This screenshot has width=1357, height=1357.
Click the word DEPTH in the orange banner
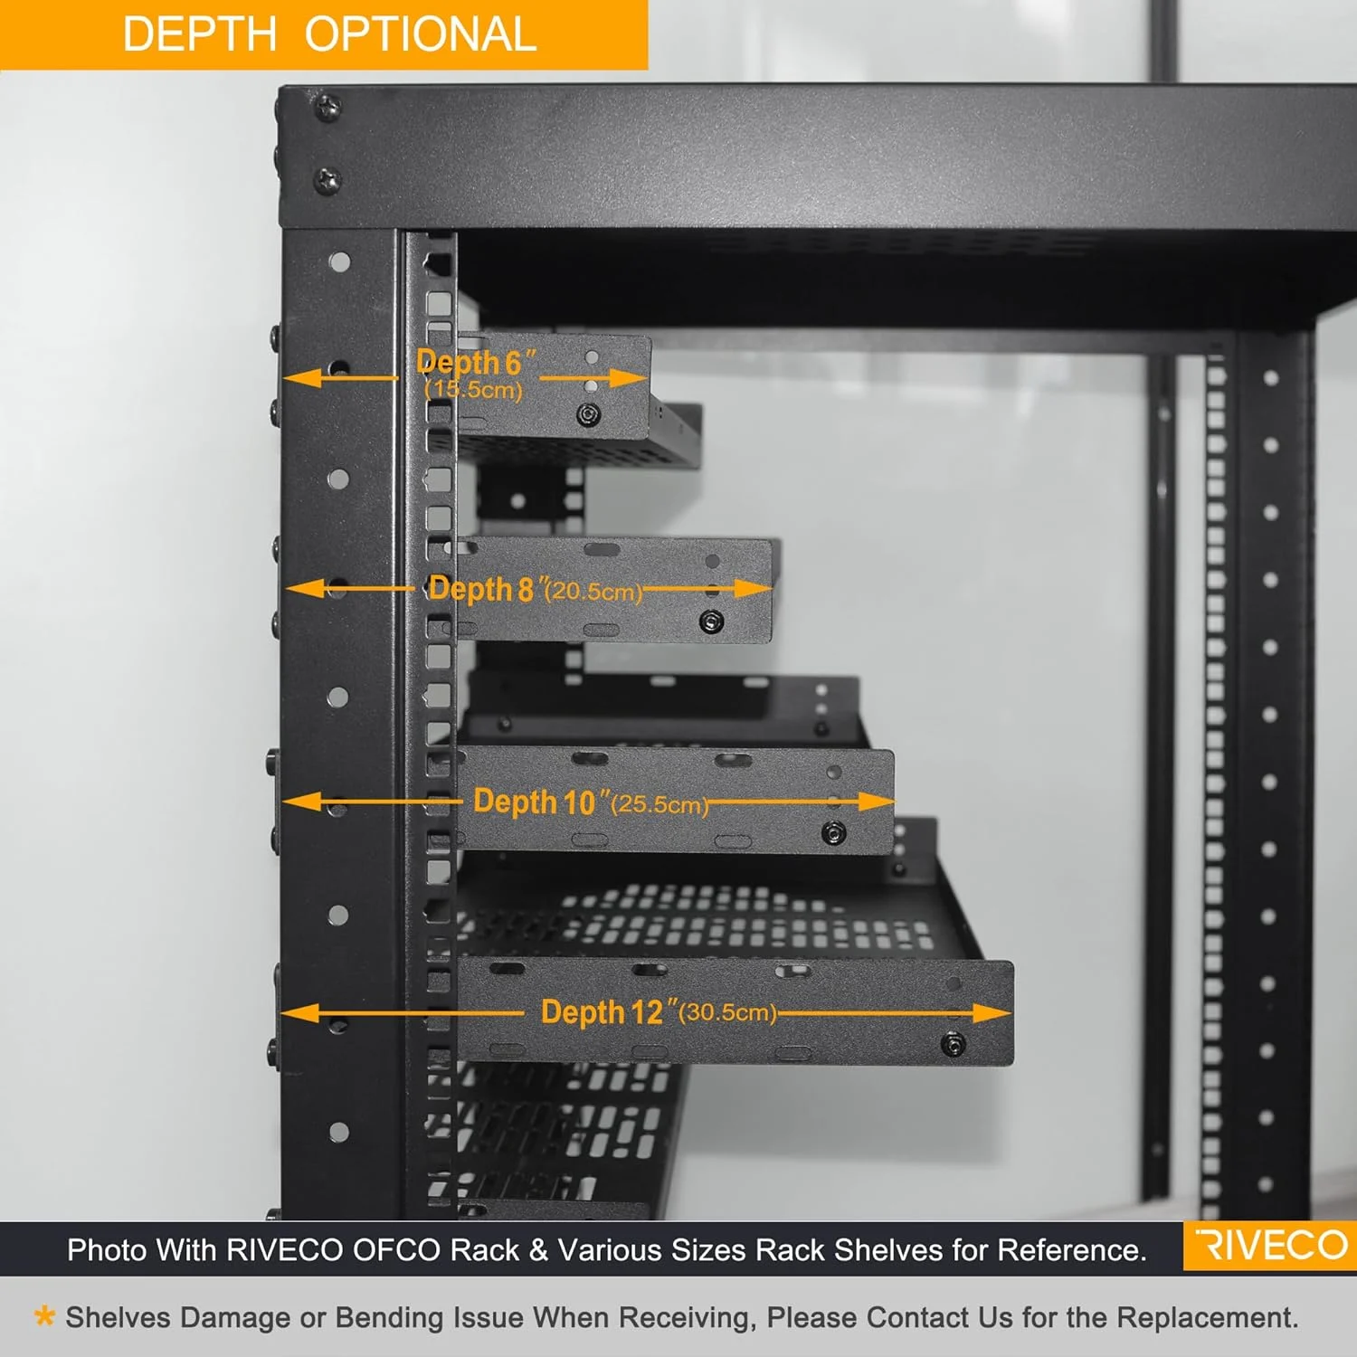(x=199, y=35)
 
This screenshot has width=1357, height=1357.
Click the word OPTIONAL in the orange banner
(x=421, y=35)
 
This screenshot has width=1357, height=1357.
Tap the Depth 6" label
(x=476, y=363)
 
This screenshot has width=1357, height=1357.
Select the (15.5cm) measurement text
(x=473, y=390)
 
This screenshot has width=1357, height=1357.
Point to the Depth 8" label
(x=482, y=589)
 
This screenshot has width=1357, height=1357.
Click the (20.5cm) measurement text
(x=593, y=591)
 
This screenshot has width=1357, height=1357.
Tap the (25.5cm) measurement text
(x=660, y=804)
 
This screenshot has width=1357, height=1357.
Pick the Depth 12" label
(x=603, y=1011)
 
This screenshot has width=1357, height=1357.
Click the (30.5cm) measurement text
(x=727, y=1011)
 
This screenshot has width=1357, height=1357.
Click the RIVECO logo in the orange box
(x=1270, y=1246)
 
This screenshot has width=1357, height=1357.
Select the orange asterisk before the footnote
(x=43, y=1315)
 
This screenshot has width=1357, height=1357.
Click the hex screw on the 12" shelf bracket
(x=953, y=1045)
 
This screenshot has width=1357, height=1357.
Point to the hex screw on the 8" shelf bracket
(x=712, y=622)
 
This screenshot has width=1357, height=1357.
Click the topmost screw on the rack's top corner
(x=327, y=108)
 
